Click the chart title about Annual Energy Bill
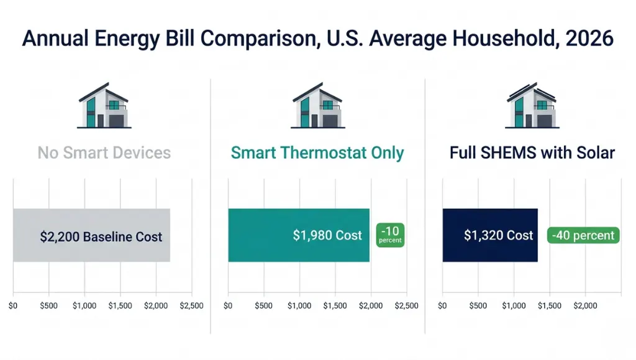(x=317, y=38)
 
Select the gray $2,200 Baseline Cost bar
(x=91, y=235)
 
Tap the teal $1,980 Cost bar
(x=299, y=235)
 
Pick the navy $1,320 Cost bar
(x=489, y=235)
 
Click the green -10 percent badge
(x=391, y=235)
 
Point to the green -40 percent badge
(x=583, y=235)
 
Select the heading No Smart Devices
(x=104, y=152)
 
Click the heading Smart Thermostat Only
(x=317, y=153)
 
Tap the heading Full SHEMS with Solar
(x=532, y=153)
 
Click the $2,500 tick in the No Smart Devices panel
(x=191, y=306)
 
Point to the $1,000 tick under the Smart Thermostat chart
(x=299, y=306)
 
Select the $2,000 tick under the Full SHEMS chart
(x=585, y=306)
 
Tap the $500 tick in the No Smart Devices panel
(x=49, y=306)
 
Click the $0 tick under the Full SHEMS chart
(x=442, y=306)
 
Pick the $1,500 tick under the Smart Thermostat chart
(x=335, y=306)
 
